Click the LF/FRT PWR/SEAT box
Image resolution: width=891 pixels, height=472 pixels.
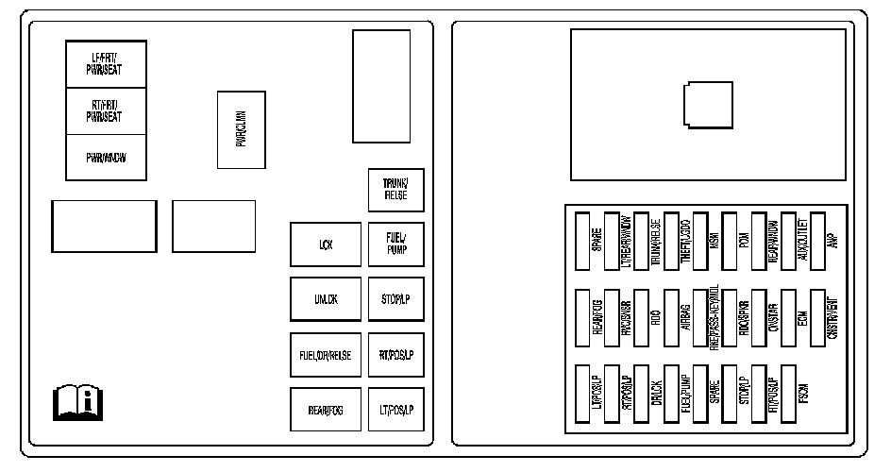point(105,64)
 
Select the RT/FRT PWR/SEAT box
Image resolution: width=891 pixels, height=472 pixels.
point(105,111)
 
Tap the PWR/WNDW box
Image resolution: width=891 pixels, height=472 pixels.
point(105,158)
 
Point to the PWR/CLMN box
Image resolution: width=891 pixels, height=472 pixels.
point(241,129)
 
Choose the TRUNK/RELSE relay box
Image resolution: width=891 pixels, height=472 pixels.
point(395,191)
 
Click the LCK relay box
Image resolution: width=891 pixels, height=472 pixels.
point(326,245)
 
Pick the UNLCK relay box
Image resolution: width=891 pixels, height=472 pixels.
point(326,299)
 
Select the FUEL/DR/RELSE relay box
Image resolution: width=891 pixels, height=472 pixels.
point(326,355)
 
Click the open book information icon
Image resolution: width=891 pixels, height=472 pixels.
point(77,403)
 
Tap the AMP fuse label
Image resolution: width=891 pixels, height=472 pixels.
point(832,242)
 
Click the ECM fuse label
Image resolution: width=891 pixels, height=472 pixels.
point(802,318)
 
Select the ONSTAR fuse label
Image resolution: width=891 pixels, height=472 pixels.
point(773,318)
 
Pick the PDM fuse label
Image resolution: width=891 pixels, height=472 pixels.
point(744,242)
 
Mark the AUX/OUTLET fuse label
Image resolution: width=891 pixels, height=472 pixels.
point(802,242)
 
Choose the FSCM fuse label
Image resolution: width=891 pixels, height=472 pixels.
point(802,395)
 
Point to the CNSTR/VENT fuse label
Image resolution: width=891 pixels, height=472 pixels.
point(832,318)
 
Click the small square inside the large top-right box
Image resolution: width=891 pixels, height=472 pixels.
point(707,103)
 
